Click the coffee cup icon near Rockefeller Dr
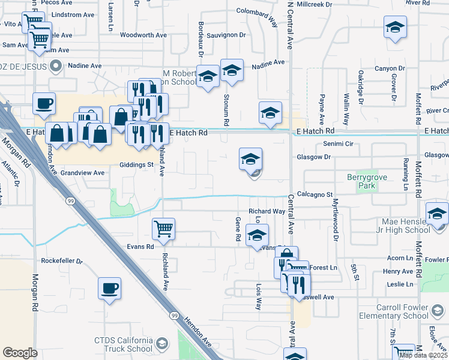(x=110, y=288)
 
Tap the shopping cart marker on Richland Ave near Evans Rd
(x=163, y=229)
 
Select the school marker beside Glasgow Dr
(x=250, y=159)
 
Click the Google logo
(x=20, y=353)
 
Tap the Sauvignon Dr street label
(x=226, y=35)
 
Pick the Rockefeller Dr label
(x=62, y=261)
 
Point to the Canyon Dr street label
(x=387, y=68)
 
